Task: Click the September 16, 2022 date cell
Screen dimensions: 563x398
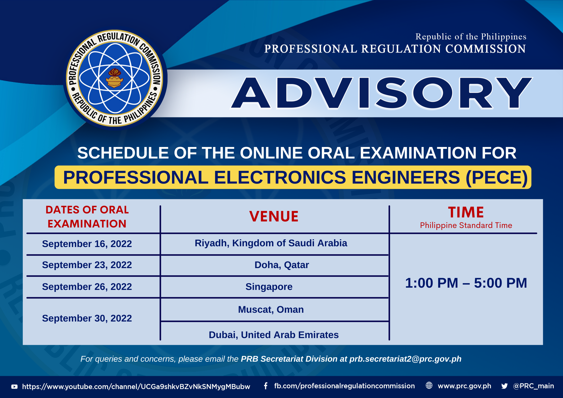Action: [x=87, y=244]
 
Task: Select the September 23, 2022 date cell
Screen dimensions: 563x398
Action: [x=87, y=265]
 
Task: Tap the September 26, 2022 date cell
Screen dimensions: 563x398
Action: [x=87, y=287]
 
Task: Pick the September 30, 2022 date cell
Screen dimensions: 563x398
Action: [x=87, y=318]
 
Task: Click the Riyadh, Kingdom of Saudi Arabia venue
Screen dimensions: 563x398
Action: [x=271, y=243]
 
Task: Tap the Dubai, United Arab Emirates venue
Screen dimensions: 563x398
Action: [x=274, y=335]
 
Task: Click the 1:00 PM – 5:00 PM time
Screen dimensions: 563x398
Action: [x=466, y=283]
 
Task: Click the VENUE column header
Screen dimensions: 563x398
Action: [x=274, y=216]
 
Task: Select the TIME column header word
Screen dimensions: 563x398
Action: [x=466, y=212]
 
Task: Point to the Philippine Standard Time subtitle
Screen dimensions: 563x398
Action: [x=466, y=225]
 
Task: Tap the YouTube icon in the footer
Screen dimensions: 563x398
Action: [x=15, y=387]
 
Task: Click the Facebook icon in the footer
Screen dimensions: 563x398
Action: [x=266, y=386]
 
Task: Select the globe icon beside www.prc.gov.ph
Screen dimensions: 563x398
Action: [x=429, y=385]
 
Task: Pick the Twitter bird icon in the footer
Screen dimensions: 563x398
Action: [x=504, y=386]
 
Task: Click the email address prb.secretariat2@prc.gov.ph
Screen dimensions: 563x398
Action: [x=405, y=359]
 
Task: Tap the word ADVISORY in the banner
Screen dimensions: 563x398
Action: [x=381, y=93]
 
